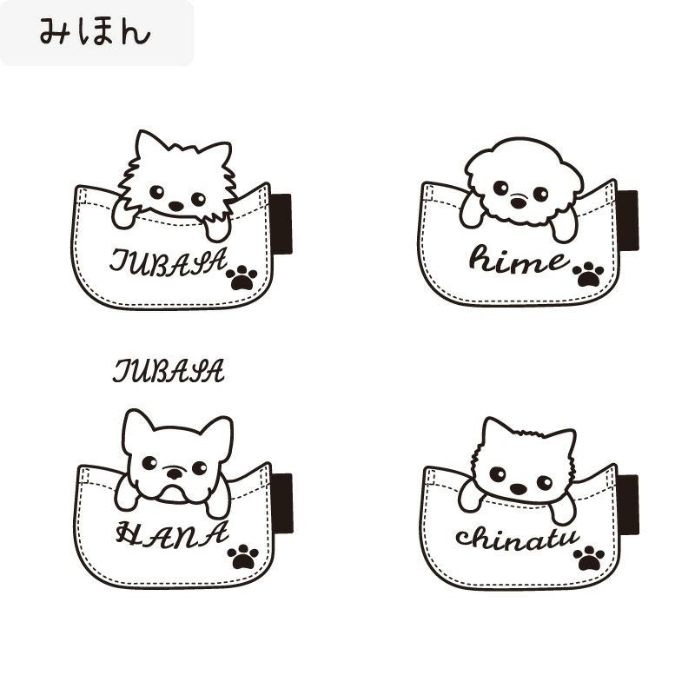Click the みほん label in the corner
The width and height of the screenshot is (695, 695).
pyautogui.click(x=95, y=32)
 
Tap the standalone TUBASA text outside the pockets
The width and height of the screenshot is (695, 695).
pyautogui.click(x=169, y=371)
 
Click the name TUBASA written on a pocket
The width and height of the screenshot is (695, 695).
pyautogui.click(x=169, y=261)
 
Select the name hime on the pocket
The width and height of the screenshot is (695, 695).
pyautogui.click(x=519, y=259)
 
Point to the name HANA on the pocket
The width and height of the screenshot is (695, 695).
pyautogui.click(x=172, y=534)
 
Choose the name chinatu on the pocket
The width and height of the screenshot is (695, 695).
pyautogui.click(x=517, y=539)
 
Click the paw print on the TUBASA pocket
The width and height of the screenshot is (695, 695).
pyautogui.click(x=242, y=278)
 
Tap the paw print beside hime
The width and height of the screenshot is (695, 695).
pyautogui.click(x=588, y=275)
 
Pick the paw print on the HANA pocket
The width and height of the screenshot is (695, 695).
pyautogui.click(x=243, y=557)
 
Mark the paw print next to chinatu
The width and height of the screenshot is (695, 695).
pyautogui.click(x=589, y=559)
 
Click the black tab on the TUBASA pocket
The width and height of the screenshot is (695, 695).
pyautogui.click(x=281, y=224)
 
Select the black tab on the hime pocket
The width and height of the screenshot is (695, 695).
pyautogui.click(x=628, y=221)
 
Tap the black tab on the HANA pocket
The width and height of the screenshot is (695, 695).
pyautogui.click(x=283, y=503)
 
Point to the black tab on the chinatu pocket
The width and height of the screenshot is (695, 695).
pyautogui.click(x=628, y=505)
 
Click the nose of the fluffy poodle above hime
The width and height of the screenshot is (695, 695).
pyautogui.click(x=518, y=202)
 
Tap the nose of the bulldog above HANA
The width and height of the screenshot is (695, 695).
pyautogui.click(x=175, y=473)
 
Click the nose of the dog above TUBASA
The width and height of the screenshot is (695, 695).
pyautogui.click(x=176, y=206)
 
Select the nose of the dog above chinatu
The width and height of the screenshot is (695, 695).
pyautogui.click(x=518, y=489)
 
